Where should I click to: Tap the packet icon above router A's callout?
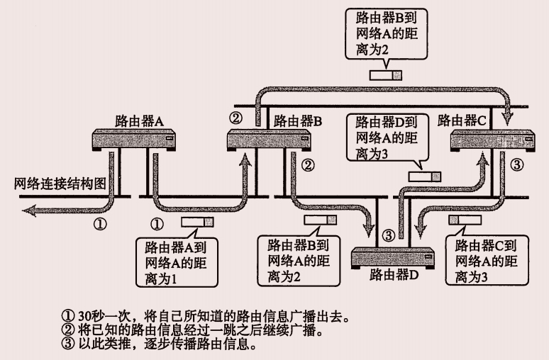click(x=197, y=223)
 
